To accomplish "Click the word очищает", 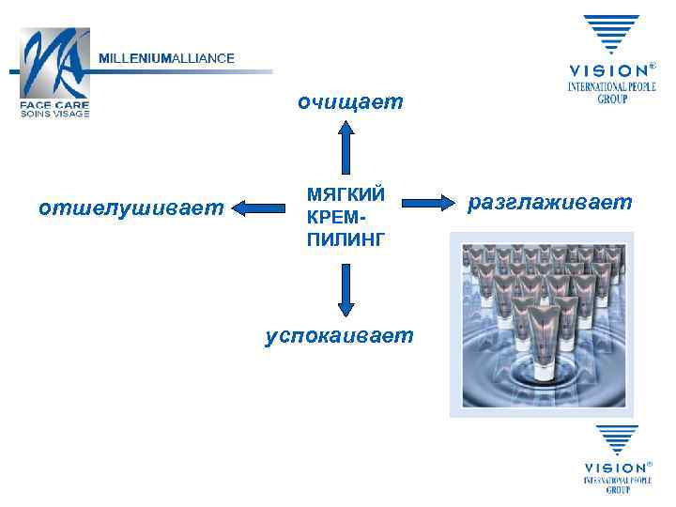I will [x=349, y=100].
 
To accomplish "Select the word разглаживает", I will [x=550, y=202].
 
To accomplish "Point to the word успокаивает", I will [x=338, y=334].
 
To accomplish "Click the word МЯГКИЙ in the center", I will [x=345, y=194].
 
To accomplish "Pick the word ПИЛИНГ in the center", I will [x=345, y=240].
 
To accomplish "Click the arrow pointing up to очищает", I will [x=346, y=146].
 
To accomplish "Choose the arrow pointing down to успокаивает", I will [x=346, y=289].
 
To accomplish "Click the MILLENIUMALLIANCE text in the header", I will [x=167, y=58].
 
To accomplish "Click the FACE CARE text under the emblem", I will [x=54, y=105].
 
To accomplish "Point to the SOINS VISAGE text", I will [x=54, y=114].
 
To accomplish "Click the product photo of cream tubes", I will [x=542, y=325].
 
